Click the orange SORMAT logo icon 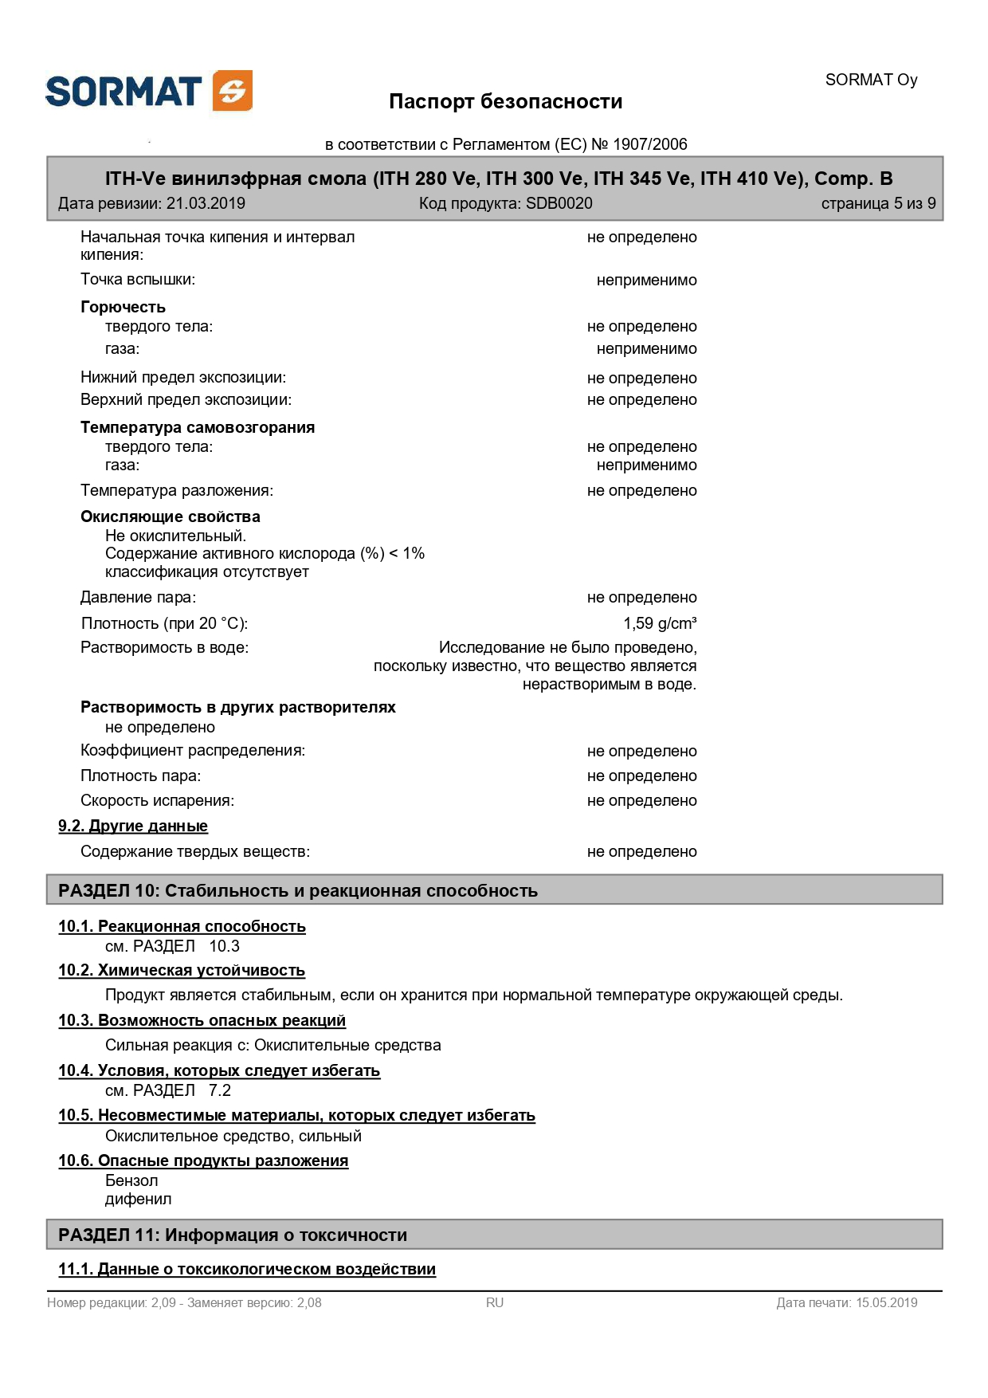[233, 90]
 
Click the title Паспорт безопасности [505, 101]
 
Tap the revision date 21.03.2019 [206, 203]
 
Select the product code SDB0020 [559, 203]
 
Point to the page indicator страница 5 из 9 [878, 203]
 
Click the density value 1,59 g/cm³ [660, 623]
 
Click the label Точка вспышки [137, 279]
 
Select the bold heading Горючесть [123, 307]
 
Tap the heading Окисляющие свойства [170, 516]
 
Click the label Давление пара [137, 597]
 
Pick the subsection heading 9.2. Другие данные [132, 826]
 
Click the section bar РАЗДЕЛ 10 [494, 890]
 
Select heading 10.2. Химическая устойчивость [181, 970]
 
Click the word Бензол [131, 1180]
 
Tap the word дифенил [138, 1199]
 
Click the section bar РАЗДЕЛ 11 [494, 1235]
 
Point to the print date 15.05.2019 [886, 1302]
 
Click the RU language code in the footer [494, 1302]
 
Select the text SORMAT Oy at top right [871, 80]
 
